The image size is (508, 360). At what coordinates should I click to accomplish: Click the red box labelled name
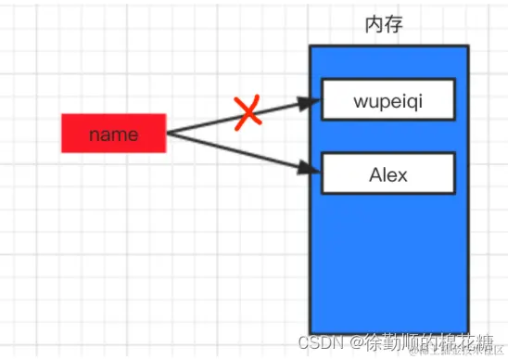[x=113, y=134]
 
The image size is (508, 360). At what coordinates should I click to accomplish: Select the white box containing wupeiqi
[x=388, y=99]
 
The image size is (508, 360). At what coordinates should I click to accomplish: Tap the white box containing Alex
[x=388, y=173]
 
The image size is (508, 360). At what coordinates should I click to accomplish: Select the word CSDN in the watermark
[x=325, y=341]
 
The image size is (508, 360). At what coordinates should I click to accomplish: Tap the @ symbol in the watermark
[x=357, y=341]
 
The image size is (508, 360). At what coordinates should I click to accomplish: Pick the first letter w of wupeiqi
[x=362, y=100]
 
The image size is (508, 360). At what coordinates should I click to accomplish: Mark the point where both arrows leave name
[x=168, y=134]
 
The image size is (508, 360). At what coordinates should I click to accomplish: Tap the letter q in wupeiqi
[x=407, y=101]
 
